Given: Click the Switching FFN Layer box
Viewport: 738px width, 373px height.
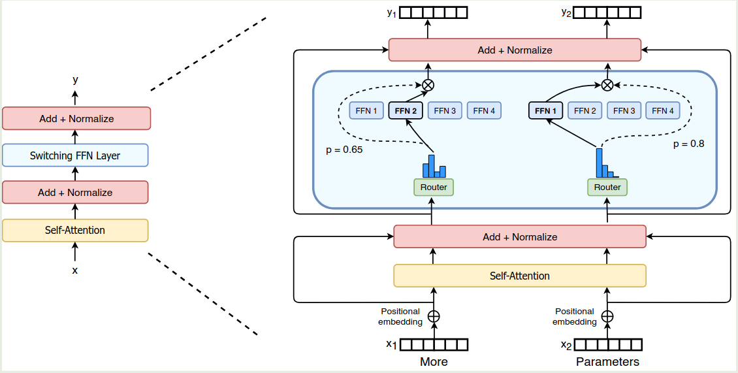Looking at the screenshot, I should [x=75, y=155].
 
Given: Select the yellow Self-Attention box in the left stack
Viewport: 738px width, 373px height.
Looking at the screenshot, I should [x=75, y=230].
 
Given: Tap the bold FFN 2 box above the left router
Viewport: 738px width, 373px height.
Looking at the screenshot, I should [x=406, y=110].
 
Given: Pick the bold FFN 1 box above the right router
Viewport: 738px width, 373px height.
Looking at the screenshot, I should [x=545, y=110].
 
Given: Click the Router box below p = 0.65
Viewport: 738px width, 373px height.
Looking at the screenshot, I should [x=434, y=187].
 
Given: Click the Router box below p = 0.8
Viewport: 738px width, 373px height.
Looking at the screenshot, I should [x=607, y=187].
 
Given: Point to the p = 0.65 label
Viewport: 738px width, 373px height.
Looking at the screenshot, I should [x=344, y=150].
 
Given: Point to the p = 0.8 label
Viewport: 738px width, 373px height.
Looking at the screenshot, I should [x=689, y=144].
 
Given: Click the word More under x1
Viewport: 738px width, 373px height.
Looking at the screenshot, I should [x=434, y=361].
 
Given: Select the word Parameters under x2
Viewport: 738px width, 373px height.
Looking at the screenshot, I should [x=607, y=361].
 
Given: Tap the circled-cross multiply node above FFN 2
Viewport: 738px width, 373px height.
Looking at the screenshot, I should [x=428, y=84].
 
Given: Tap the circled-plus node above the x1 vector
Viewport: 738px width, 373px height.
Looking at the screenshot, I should [x=434, y=317].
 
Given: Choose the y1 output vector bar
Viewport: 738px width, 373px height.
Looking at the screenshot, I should [x=434, y=12].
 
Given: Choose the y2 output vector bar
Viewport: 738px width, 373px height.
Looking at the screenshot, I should [x=607, y=12].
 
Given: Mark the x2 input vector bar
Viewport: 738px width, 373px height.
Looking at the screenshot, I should [x=607, y=344].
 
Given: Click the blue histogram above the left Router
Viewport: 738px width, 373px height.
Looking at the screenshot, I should [x=434, y=167].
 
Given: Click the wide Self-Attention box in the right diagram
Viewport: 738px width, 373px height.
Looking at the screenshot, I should [x=519, y=276].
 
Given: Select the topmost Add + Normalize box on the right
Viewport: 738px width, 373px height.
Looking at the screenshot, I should [x=515, y=50].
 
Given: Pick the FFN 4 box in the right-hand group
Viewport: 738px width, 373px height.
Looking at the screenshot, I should [x=663, y=110].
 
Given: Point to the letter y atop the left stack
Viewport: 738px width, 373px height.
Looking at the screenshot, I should [x=75, y=80].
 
